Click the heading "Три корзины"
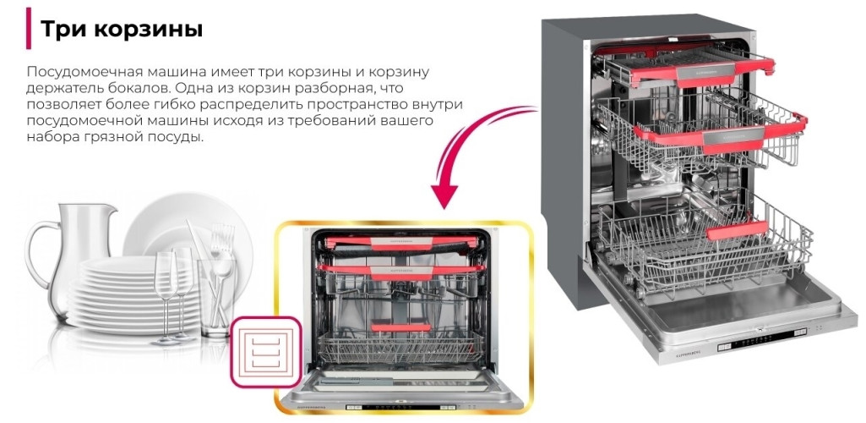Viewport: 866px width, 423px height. click(x=122, y=29)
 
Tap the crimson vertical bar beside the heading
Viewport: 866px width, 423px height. click(x=29, y=28)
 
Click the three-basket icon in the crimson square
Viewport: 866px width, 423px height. click(x=266, y=346)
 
